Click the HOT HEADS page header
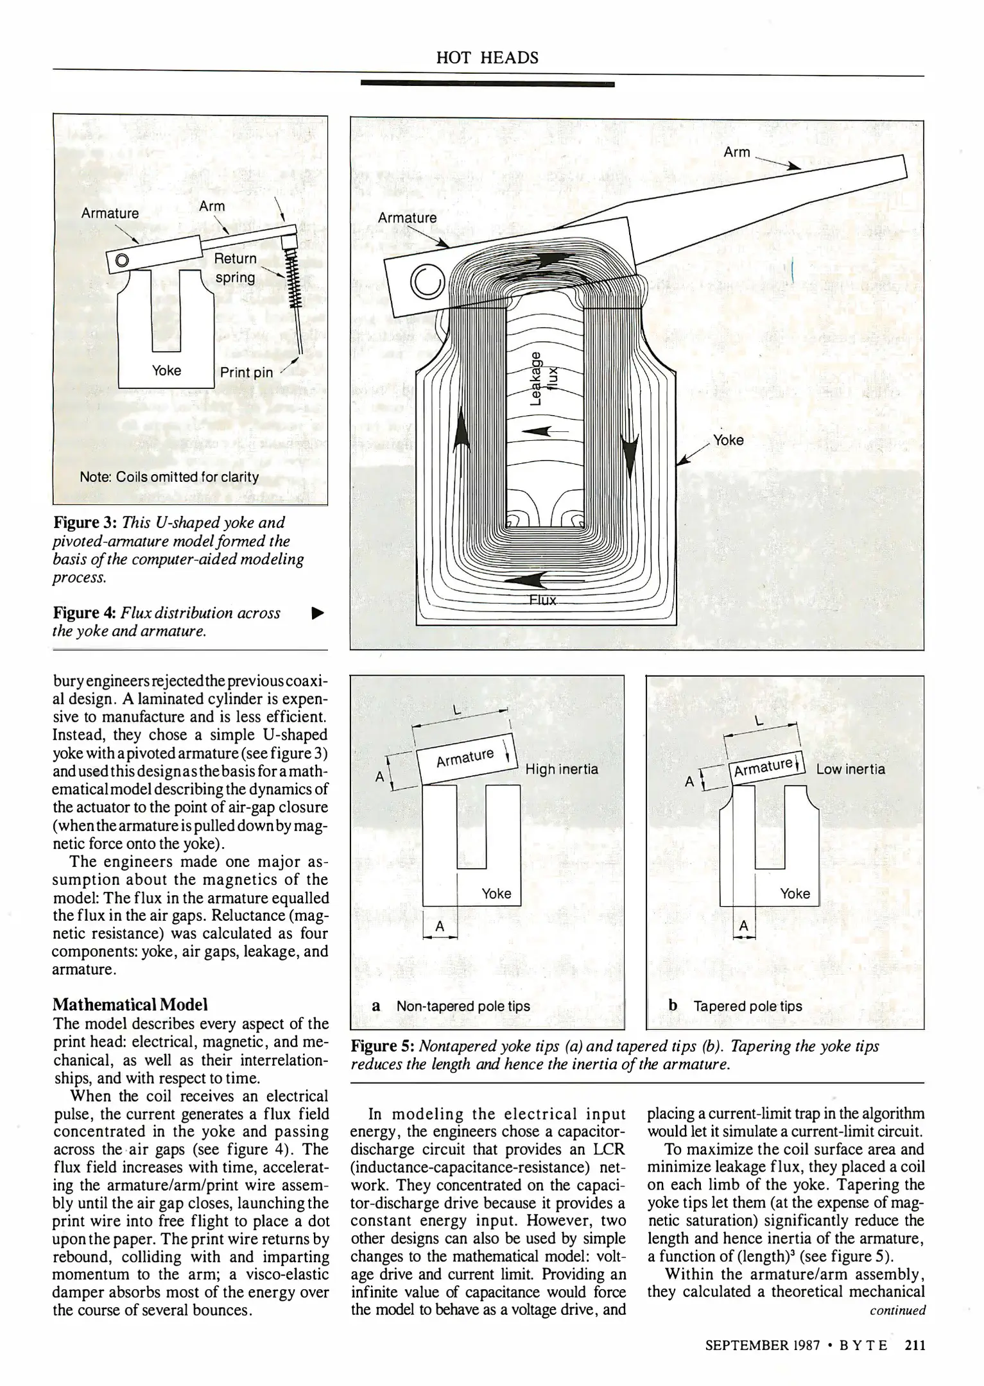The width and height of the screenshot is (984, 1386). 487,58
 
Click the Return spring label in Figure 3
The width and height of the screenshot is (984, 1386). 235,268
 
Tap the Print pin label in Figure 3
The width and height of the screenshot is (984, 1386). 246,373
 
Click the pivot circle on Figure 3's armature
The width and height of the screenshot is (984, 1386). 121,260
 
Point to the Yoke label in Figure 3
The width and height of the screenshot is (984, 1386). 166,371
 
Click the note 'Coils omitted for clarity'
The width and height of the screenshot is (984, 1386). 169,477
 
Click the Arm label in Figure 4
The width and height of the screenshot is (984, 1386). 736,152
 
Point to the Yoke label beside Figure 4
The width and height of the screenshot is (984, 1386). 729,440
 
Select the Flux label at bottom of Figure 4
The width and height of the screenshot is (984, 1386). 542,601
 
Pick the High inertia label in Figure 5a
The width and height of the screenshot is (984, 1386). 561,769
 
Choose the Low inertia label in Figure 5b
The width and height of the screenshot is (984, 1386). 850,769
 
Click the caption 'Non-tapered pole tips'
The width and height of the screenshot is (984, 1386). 463,1006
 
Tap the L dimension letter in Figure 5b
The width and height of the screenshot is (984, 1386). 759,722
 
